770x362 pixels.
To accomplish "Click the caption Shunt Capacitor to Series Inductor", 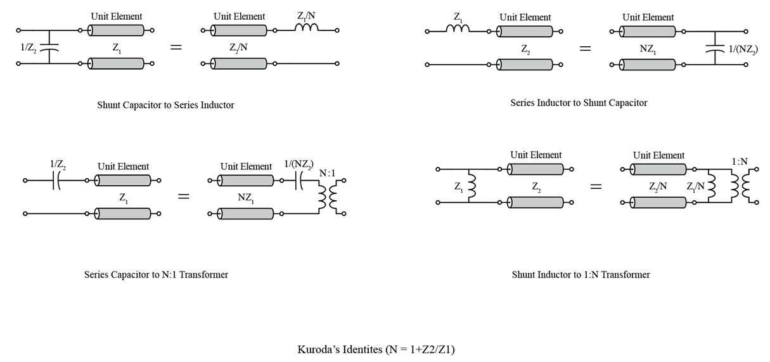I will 165,105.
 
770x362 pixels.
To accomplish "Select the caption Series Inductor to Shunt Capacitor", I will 579,103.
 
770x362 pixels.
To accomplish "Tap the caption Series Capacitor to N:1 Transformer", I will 156,275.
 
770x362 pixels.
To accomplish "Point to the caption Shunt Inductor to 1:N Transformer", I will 581,275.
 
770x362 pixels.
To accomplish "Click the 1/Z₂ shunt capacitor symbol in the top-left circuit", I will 49,47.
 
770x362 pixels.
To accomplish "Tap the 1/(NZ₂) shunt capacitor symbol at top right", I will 715,47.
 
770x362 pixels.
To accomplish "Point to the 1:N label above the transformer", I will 739,162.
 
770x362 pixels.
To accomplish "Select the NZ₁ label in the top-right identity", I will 648,47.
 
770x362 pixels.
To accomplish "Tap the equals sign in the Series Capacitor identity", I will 183,197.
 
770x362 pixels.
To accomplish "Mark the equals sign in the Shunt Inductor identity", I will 596,186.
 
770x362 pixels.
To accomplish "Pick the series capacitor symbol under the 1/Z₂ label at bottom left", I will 57,181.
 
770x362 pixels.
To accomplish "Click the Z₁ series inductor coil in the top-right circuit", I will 457,29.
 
